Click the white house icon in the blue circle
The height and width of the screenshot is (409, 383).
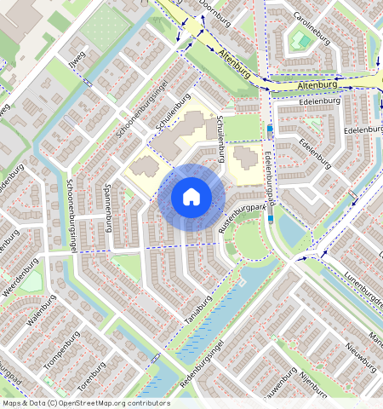191,197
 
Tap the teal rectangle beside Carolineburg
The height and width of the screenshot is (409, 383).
300,40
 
